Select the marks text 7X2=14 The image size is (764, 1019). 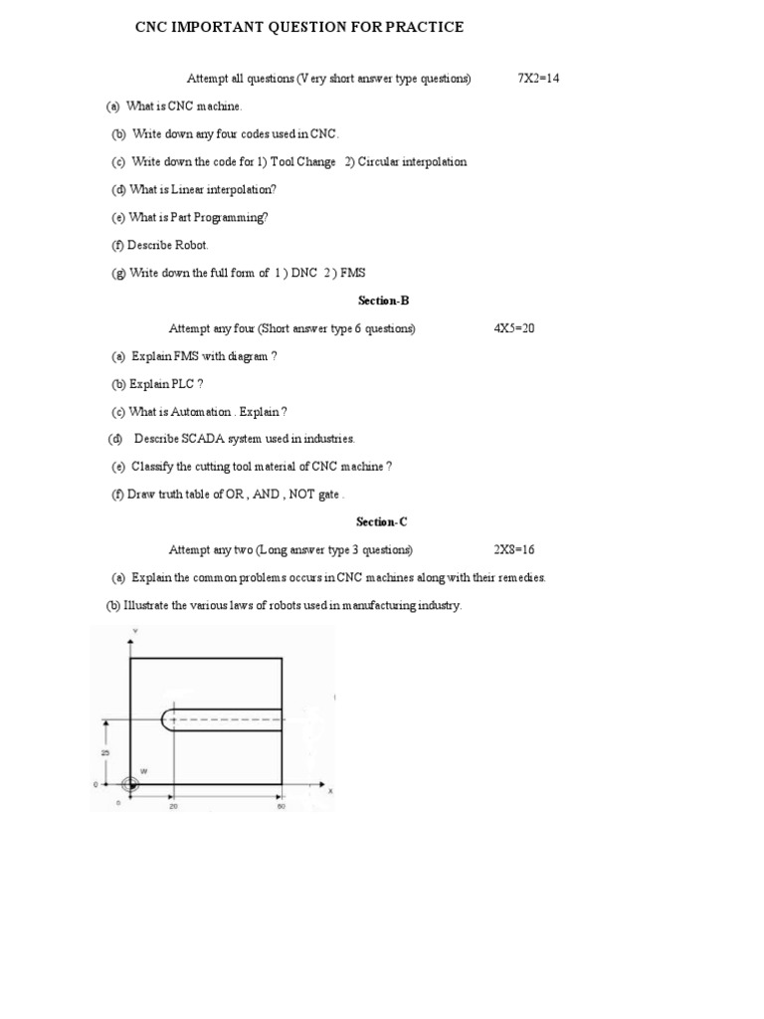[538, 78]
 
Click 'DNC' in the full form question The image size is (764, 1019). [303, 273]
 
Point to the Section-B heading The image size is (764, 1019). [382, 300]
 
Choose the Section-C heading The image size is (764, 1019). [382, 521]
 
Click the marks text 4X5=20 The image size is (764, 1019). [514, 328]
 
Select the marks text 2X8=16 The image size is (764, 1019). [514, 549]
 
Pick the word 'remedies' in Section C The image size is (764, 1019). [522, 577]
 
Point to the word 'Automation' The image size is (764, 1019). [200, 412]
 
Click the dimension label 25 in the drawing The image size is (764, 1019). [103, 751]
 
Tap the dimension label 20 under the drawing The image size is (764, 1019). [172, 806]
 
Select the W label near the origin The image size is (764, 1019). [143, 771]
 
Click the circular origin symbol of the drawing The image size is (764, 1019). [130, 784]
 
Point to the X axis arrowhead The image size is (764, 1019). [320, 784]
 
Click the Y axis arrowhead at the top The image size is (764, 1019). [130, 643]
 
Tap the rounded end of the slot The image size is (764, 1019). [164, 719]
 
